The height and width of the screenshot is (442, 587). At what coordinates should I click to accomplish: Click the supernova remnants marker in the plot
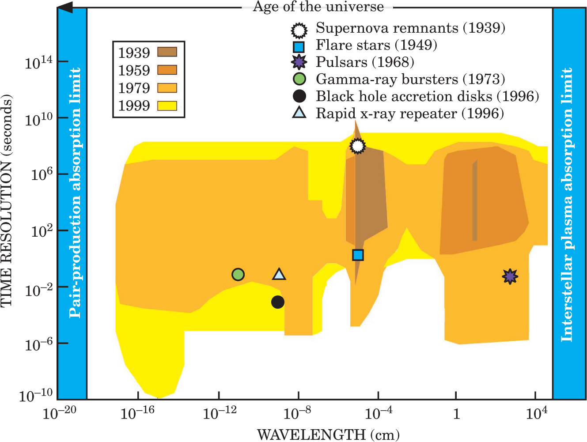(358, 146)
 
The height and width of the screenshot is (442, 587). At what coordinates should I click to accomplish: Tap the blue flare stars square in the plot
(358, 255)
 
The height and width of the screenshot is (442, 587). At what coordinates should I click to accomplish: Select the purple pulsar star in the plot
(510, 276)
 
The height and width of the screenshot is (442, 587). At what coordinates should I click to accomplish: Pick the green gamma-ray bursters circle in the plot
(238, 275)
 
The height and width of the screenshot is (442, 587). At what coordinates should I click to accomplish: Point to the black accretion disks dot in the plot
(277, 302)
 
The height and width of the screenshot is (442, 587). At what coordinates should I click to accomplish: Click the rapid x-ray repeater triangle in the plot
(279, 275)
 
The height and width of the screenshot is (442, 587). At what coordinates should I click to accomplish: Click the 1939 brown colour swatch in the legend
(167, 52)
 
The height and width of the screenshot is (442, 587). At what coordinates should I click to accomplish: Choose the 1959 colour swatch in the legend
(167, 70)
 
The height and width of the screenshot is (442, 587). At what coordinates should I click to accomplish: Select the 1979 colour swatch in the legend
(167, 88)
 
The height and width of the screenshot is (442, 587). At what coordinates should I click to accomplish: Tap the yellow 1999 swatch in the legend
(167, 106)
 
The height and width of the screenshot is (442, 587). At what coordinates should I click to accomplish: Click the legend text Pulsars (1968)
(365, 62)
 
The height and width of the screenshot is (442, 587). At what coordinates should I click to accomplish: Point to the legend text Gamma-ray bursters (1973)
(410, 79)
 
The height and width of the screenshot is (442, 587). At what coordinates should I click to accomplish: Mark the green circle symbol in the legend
(299, 79)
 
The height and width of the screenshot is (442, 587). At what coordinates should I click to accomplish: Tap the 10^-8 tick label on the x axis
(297, 413)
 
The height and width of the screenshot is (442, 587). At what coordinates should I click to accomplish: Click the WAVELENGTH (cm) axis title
(328, 434)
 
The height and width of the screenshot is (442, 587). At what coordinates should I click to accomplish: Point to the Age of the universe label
(318, 7)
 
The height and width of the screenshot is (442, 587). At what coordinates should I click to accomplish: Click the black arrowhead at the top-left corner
(65, 8)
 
